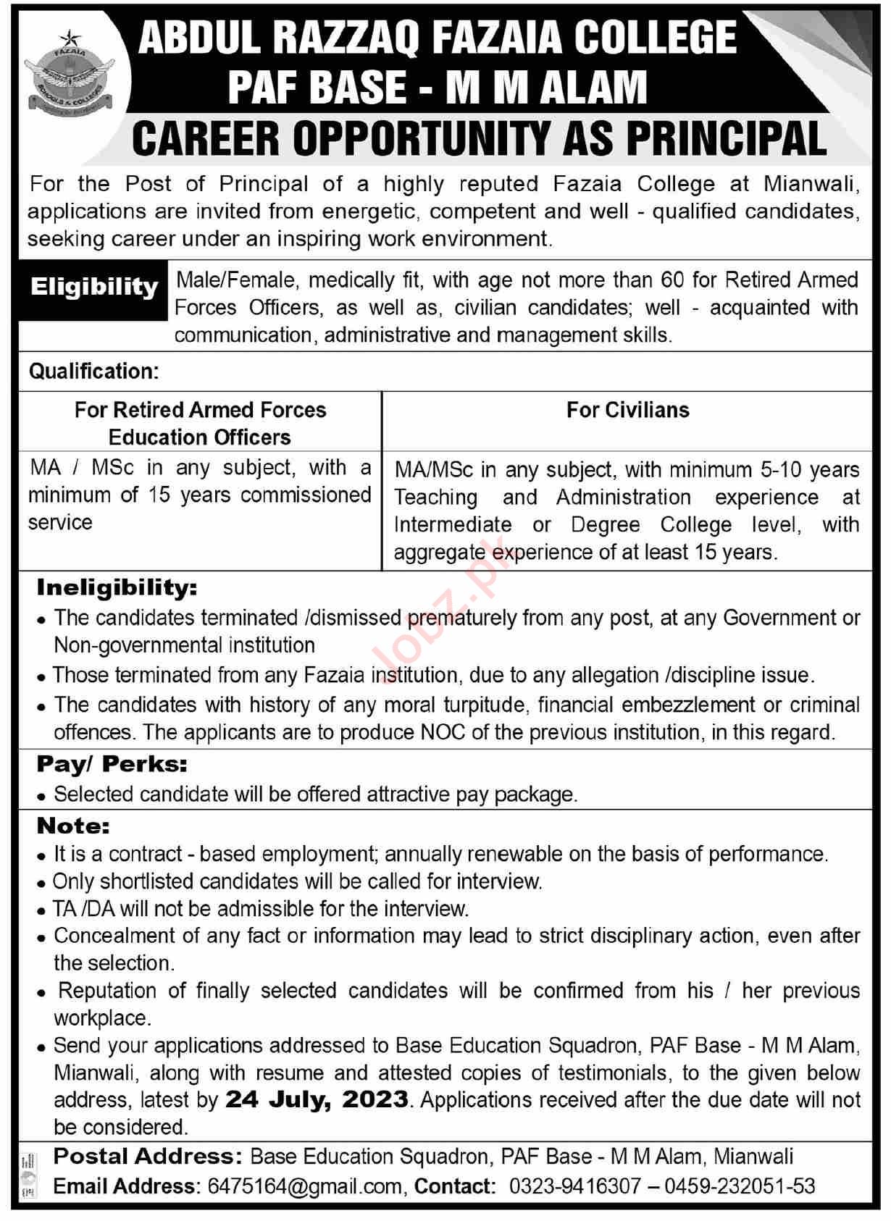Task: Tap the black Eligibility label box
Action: click(x=94, y=288)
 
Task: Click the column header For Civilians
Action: click(x=627, y=410)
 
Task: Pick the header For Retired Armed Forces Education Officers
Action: click(x=200, y=424)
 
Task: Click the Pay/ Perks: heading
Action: click(x=112, y=764)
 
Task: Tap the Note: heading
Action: click(x=74, y=826)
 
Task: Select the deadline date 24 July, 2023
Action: click(x=317, y=1099)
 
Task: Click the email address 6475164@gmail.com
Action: click(x=304, y=1186)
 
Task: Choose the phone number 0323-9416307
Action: click(x=575, y=1186)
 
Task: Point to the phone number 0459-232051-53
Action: click(x=740, y=1186)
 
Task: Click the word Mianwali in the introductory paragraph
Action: click(x=811, y=184)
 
